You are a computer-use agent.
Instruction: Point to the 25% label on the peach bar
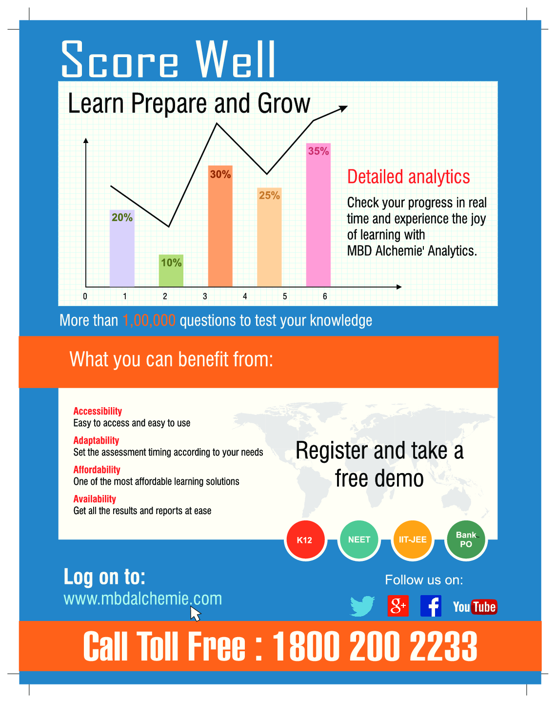tap(269, 195)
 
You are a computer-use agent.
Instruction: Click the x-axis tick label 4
tap(245, 296)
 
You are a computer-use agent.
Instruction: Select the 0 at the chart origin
tap(85, 296)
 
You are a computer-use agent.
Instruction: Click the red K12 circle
tap(305, 540)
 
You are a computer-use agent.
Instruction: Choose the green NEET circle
tap(359, 539)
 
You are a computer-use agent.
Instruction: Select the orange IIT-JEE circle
tap(413, 539)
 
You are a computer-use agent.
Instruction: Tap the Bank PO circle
tap(466, 539)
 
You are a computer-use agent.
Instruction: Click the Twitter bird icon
tap(362, 606)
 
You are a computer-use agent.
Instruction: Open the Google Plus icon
tap(398, 606)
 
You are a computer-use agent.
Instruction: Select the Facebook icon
tap(431, 606)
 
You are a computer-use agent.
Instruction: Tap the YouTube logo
tap(475, 607)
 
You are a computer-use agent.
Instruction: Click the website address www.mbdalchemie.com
tap(142, 599)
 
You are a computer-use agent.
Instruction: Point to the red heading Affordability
tap(97, 470)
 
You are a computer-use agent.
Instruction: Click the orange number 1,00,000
tap(149, 320)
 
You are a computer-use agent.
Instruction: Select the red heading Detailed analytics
tap(408, 177)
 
